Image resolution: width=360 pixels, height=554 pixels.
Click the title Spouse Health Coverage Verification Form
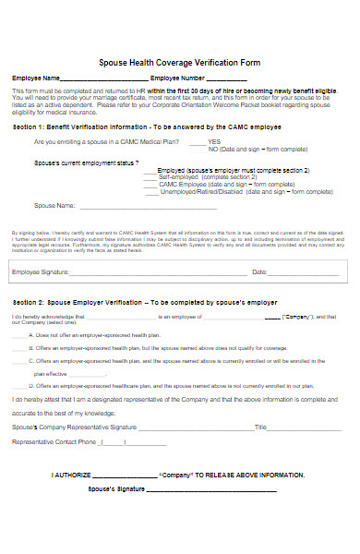(x=179, y=63)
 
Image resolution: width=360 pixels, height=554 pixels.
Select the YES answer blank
(x=196, y=143)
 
